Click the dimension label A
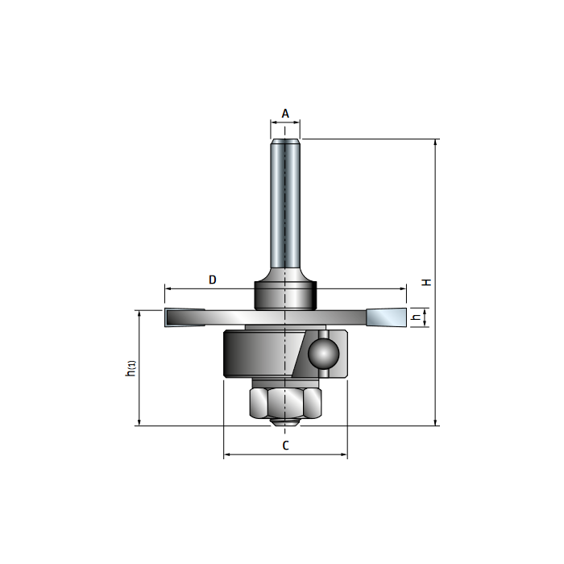click(x=285, y=114)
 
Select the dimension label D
click(x=213, y=280)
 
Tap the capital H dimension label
click(x=427, y=282)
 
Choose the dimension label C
click(x=285, y=445)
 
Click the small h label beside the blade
click(x=416, y=317)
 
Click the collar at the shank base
click(x=285, y=294)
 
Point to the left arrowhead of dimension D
click(x=168, y=288)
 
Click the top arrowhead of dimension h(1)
click(x=139, y=313)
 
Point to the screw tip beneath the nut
click(x=285, y=421)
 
